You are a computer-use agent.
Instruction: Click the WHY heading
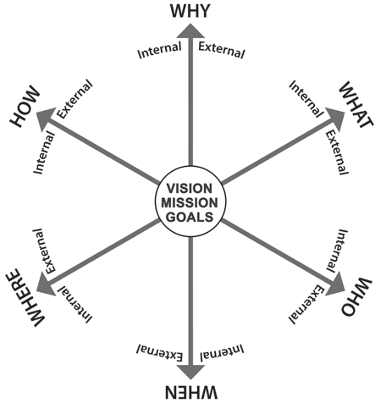(190, 11)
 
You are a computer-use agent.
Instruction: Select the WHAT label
(356, 104)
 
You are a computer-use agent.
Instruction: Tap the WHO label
(356, 297)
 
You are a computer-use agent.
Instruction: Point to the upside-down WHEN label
(191, 392)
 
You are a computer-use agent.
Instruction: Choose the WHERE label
(25, 298)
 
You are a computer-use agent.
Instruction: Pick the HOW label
(25, 106)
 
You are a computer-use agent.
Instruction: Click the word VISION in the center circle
(189, 189)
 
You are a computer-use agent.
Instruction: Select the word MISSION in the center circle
(190, 203)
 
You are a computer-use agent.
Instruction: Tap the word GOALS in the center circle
(190, 217)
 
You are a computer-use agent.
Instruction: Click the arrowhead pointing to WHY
(190, 31)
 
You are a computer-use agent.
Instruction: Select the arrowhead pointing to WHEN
(190, 372)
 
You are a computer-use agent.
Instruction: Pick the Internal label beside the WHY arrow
(159, 50)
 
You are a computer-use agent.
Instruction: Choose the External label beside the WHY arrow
(222, 50)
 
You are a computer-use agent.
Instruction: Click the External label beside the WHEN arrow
(160, 353)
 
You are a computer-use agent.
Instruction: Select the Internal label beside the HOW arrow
(44, 152)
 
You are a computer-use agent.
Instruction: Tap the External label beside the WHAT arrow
(337, 152)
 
